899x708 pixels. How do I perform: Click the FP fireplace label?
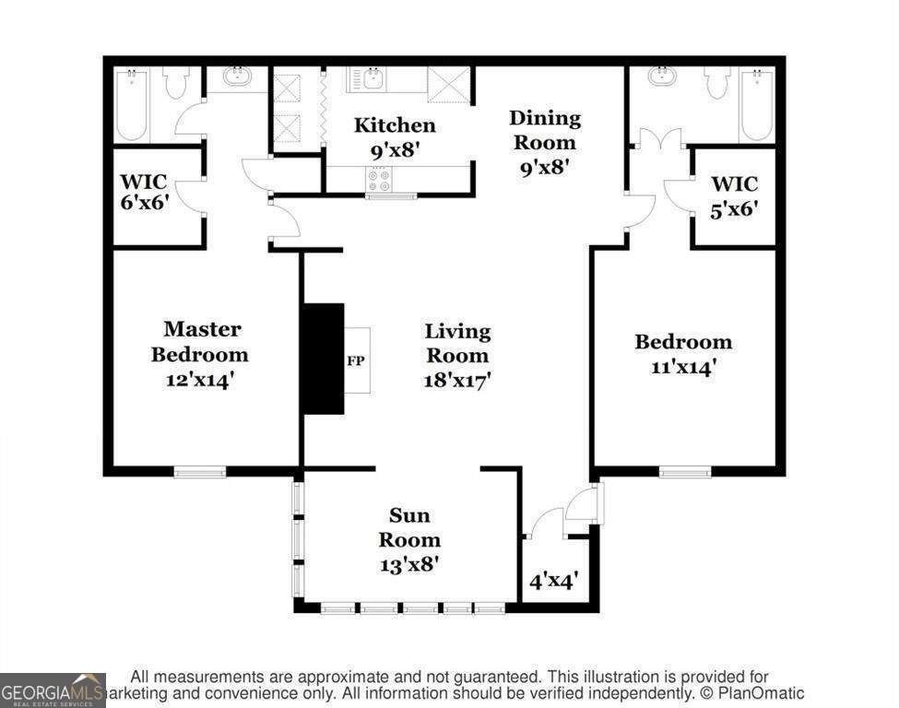pyautogui.click(x=356, y=361)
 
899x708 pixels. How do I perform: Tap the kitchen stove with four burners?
pyautogui.click(x=379, y=180)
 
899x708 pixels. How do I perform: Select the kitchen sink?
pyautogui.click(x=367, y=79)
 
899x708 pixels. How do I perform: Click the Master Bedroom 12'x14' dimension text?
pyautogui.click(x=200, y=380)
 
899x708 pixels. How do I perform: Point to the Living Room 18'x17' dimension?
pyautogui.click(x=457, y=380)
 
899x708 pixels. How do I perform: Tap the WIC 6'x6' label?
pyautogui.click(x=144, y=192)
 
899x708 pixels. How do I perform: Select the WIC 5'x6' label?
pyautogui.click(x=735, y=196)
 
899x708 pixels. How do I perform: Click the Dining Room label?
pyautogui.click(x=545, y=130)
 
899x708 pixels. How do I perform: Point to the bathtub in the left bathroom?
pyautogui.click(x=133, y=105)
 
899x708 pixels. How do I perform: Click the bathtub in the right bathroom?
pyautogui.click(x=757, y=105)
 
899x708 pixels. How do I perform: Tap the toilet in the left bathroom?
pyautogui.click(x=176, y=84)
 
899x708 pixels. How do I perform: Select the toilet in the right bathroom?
pyautogui.click(x=718, y=84)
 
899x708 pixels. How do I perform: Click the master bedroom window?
pyautogui.click(x=199, y=472)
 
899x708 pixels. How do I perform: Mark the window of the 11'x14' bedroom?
pyautogui.click(x=684, y=472)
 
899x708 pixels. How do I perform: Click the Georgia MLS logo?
pyautogui.click(x=53, y=690)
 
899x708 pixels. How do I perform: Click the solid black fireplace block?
pyautogui.click(x=324, y=359)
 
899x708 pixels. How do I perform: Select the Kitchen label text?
pyautogui.click(x=395, y=125)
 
